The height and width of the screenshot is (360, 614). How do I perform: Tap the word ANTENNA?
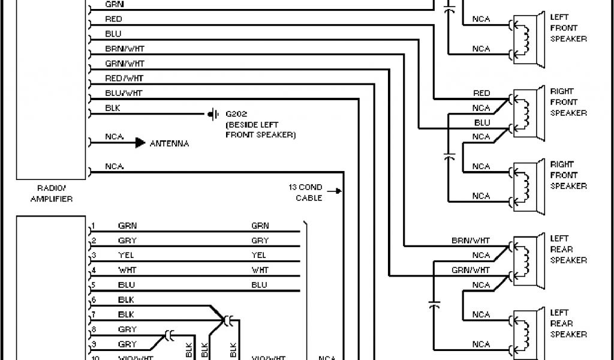point(169,143)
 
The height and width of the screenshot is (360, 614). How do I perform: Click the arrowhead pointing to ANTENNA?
point(140,143)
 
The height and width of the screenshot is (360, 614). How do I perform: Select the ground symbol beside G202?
point(212,113)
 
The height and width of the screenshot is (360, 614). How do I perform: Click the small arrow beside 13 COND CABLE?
point(338,192)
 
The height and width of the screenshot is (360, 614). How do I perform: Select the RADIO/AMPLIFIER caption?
point(51,193)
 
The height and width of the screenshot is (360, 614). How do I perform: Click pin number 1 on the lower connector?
point(93,227)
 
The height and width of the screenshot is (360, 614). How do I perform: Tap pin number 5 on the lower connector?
point(93,286)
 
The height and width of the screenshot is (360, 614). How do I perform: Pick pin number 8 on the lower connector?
point(93,329)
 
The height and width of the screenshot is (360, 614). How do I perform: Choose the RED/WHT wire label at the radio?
point(124,78)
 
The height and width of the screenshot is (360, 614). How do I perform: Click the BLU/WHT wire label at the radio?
point(124,93)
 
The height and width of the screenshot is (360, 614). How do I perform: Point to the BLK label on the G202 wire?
point(113,108)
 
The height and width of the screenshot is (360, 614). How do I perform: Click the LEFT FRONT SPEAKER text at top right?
point(568,28)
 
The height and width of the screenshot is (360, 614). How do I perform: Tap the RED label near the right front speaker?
point(481,93)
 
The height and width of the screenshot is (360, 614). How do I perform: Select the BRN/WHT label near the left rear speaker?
point(471,240)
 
